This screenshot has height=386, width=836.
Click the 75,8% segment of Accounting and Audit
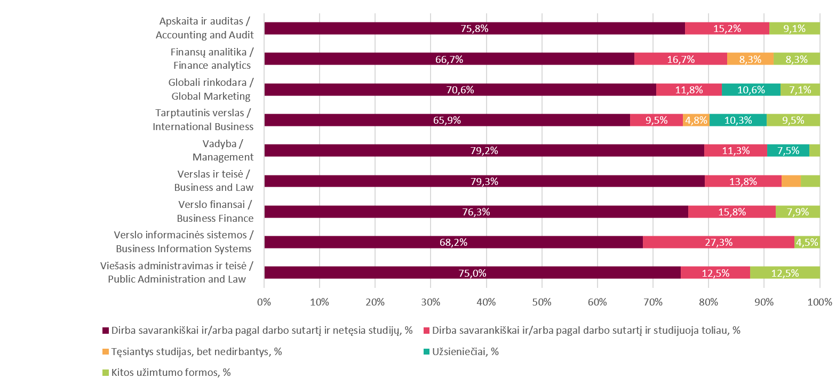pyautogui.click(x=474, y=29)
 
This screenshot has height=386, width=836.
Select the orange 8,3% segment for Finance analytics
pyautogui.click(x=750, y=59)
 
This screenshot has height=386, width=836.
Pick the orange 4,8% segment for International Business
pyautogui.click(x=696, y=120)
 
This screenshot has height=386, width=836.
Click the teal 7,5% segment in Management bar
pyautogui.click(x=788, y=150)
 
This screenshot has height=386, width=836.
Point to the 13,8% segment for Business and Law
pyautogui.click(x=743, y=181)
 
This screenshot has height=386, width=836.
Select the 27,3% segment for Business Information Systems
pyautogui.click(x=719, y=242)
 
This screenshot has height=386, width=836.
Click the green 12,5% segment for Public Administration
pyautogui.click(x=785, y=272)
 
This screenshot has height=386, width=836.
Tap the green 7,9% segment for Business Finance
pyautogui.click(x=798, y=212)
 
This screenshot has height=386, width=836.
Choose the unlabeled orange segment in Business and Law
pyautogui.click(x=791, y=181)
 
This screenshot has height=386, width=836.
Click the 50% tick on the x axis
pyautogui.click(x=542, y=302)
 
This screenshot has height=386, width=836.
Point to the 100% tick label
pyautogui.click(x=820, y=302)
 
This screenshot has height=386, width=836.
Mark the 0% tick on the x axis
pyautogui.click(x=264, y=302)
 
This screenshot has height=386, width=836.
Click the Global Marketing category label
pyautogui.click(x=210, y=90)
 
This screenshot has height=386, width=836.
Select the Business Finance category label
pyautogui.click(x=214, y=212)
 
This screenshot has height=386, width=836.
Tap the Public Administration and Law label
pyautogui.click(x=177, y=272)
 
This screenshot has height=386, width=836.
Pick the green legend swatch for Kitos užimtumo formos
pyautogui.click(x=105, y=372)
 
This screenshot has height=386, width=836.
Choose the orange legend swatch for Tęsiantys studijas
pyautogui.click(x=105, y=351)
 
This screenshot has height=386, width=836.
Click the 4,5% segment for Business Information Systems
pyautogui.click(x=807, y=242)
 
